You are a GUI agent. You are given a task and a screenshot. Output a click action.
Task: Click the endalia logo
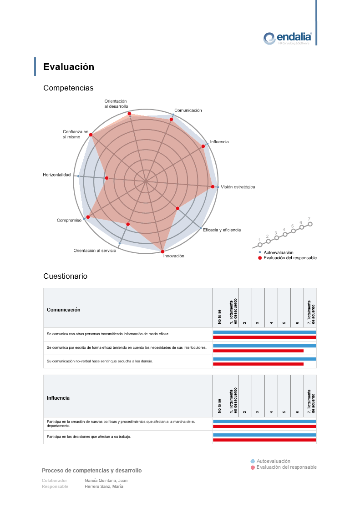click(x=288, y=38)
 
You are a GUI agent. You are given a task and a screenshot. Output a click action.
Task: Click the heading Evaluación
click(x=69, y=67)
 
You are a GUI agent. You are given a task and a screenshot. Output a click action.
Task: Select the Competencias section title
click(x=68, y=88)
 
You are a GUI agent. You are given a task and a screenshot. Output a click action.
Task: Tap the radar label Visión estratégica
click(x=238, y=187)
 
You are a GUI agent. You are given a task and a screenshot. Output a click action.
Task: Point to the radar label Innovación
click(x=174, y=256)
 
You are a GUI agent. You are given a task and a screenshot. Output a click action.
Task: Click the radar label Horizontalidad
click(x=57, y=175)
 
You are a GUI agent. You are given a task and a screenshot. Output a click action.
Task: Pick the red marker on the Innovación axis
click(x=162, y=251)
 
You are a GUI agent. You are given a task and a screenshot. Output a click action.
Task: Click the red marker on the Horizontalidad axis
click(x=106, y=178)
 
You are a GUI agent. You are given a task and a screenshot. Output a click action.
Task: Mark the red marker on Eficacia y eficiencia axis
click(x=177, y=208)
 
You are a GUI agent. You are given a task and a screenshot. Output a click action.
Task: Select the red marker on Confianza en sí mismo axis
click(x=91, y=135)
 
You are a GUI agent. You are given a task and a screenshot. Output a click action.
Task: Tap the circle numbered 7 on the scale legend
click(x=310, y=224)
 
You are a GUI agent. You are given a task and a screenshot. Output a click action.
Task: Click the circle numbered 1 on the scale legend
click(x=260, y=245)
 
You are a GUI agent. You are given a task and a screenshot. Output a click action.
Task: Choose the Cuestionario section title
click(x=65, y=276)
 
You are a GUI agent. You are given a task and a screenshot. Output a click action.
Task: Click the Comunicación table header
click(x=64, y=310)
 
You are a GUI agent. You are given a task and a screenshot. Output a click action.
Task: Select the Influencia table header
click(x=58, y=398)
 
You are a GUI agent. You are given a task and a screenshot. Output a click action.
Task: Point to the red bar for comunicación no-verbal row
click(x=258, y=364)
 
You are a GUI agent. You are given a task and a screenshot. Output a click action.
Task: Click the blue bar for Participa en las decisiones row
click(x=264, y=435)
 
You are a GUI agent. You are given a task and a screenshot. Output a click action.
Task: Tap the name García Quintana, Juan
click(x=106, y=480)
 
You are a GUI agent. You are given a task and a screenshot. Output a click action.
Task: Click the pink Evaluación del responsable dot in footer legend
click(x=253, y=467)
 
